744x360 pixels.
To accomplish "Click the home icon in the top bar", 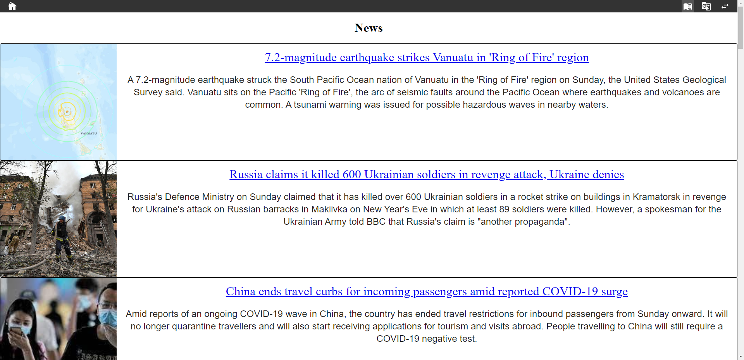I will click(12, 6).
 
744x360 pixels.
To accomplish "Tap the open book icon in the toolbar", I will click(688, 6).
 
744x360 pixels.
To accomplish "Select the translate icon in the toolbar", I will click(706, 6).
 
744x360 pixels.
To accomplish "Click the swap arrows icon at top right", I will click(725, 6).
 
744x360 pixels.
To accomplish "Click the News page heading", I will click(369, 28).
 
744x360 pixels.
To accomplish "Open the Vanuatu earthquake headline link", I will click(427, 57).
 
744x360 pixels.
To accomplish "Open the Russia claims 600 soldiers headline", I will click(427, 174).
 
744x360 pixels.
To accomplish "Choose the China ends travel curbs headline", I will click(427, 291).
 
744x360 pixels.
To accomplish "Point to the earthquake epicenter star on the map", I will click(67, 112).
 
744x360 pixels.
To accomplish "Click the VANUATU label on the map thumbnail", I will click(89, 133).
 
